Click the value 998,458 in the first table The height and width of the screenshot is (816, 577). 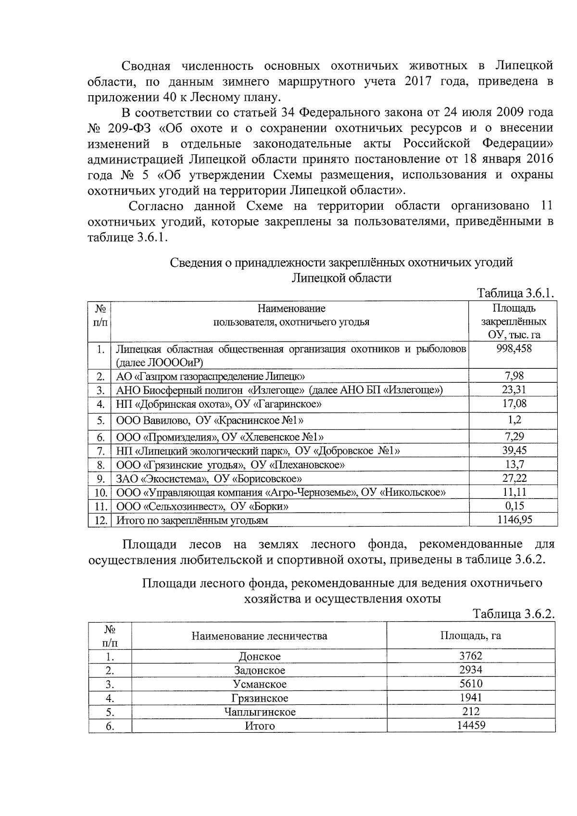[514, 349]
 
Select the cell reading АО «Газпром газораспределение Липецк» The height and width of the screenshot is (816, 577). [210, 376]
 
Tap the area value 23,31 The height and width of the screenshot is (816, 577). [514, 389]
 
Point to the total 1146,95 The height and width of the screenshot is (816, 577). [514, 519]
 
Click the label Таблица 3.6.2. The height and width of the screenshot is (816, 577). [514, 614]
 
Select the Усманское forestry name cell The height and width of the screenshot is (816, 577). [259, 684]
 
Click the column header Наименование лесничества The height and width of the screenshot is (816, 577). [259, 636]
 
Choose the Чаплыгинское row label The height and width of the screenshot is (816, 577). [259, 711]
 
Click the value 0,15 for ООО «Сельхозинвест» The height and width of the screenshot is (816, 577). [514, 506]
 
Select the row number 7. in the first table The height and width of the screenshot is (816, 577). [100, 451]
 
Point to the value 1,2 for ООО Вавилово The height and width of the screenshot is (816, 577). [514, 420]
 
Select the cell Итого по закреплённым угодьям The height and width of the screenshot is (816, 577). [192, 520]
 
